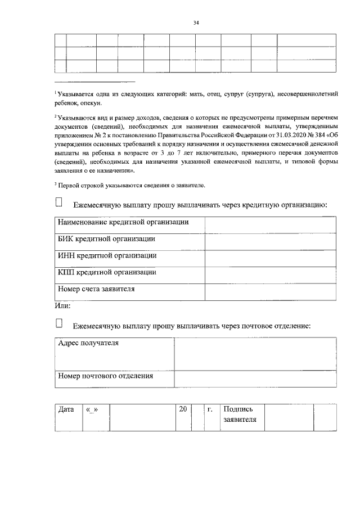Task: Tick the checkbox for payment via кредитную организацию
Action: pos(59,202)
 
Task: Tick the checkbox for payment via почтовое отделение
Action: pos(59,323)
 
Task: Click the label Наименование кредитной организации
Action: pos(123,223)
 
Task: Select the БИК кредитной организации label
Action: pos(107,239)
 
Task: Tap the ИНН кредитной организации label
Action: pos(107,255)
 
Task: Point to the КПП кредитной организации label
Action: pos(107,272)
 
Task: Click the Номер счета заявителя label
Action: pos(96,290)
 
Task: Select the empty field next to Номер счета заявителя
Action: pos(270,291)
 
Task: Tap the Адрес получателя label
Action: pos(88,344)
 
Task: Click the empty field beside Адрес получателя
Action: pos(255,353)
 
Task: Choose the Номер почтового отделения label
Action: pos(106,376)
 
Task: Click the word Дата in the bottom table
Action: pos(66,409)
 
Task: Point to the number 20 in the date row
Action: pos(182,409)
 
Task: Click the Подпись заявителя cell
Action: pos(240,415)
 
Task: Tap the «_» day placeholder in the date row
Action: pos(92,409)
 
